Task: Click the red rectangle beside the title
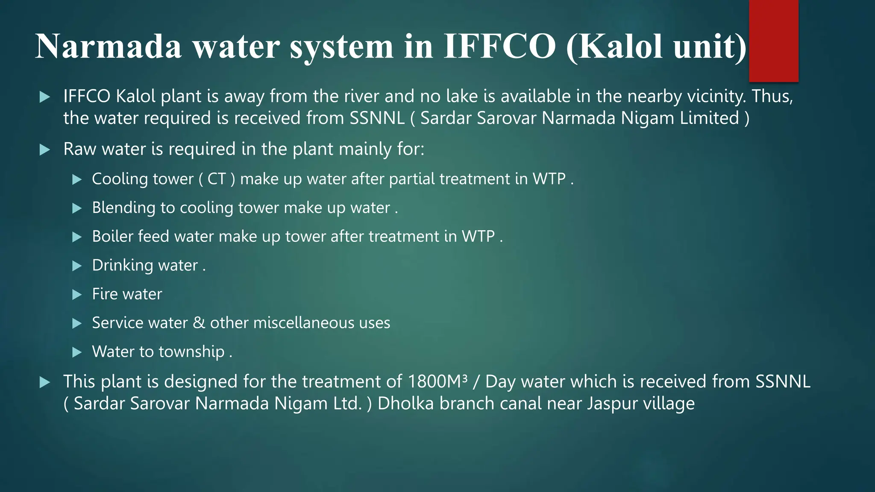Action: [773, 41]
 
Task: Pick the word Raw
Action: [79, 149]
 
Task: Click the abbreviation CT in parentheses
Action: [216, 179]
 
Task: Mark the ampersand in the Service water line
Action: [199, 323]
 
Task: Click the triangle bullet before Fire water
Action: [77, 295]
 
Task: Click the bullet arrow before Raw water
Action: [45, 150]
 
